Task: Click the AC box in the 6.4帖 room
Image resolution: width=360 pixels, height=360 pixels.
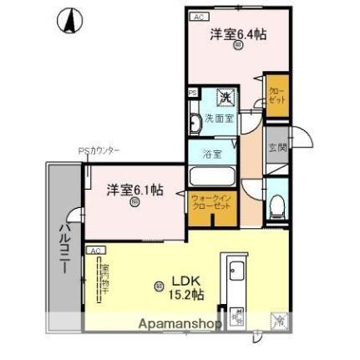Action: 198,16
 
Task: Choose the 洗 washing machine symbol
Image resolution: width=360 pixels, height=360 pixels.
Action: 225,98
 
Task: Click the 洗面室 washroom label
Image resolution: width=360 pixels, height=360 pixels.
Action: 220,119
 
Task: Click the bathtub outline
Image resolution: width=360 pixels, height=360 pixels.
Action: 214,177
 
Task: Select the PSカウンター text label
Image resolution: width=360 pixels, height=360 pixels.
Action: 99,151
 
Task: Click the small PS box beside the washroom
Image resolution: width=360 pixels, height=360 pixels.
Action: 192,92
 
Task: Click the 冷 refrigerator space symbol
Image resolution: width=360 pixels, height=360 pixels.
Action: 278,319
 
